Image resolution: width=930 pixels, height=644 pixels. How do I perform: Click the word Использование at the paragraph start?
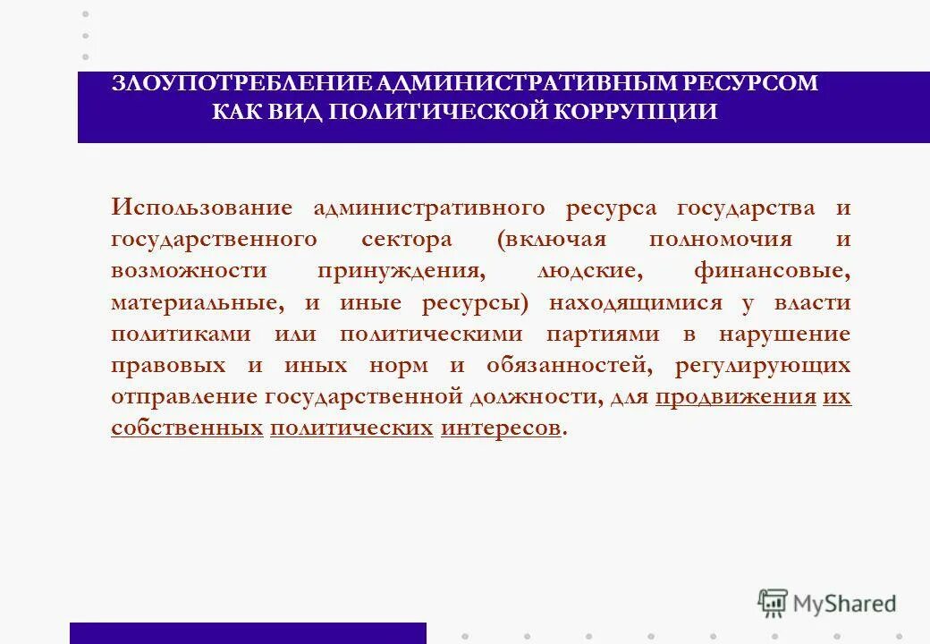coord(202,208)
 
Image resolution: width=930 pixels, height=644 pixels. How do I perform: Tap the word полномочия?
coord(721,240)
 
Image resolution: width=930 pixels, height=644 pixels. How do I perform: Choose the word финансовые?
coord(771,270)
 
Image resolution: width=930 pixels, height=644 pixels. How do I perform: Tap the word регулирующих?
coord(775,365)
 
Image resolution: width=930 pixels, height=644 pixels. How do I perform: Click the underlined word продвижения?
coord(735,396)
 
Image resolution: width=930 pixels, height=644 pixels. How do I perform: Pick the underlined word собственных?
coord(187,428)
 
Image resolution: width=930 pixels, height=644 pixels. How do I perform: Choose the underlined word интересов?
coord(501,428)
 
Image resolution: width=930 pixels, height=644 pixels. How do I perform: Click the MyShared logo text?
coord(844,604)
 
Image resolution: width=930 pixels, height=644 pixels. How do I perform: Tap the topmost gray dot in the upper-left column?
coord(86,14)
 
